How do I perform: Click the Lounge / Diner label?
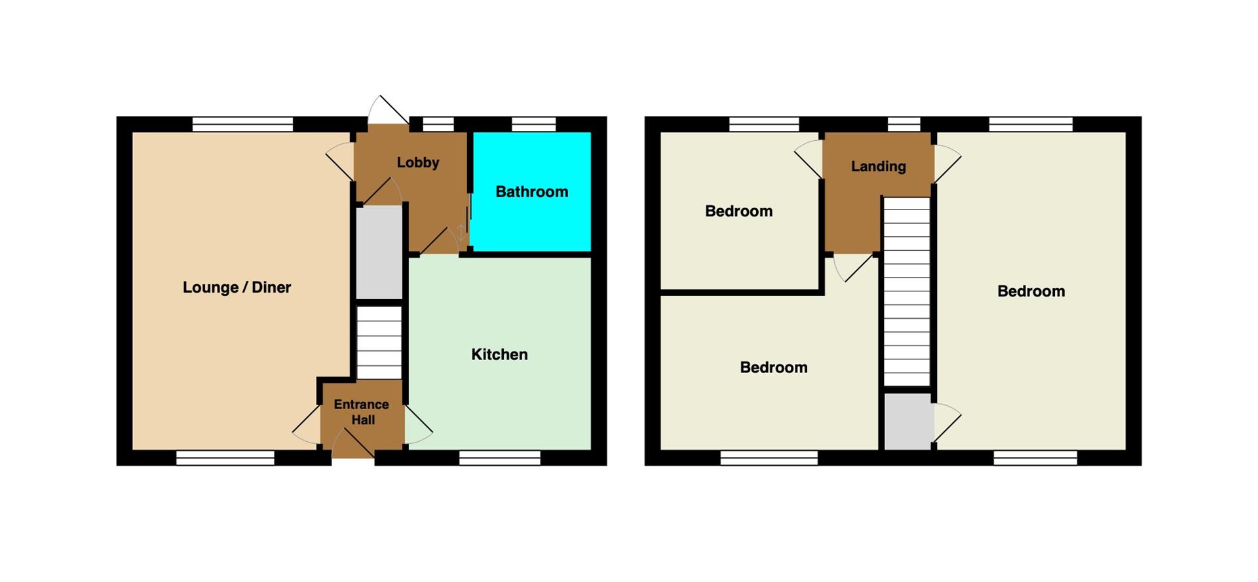point(237,287)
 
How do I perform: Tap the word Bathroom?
point(531,192)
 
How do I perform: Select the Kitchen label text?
point(499,354)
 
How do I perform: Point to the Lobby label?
point(417,162)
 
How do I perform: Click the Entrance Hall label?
point(362,412)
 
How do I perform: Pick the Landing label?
point(878,166)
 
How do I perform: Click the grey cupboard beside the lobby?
point(379,253)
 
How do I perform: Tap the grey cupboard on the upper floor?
point(908,421)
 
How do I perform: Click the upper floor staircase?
point(907,291)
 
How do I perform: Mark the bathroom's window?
point(533,124)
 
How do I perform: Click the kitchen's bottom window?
point(500,458)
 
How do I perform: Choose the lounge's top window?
point(242,124)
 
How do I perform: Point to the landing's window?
point(904,124)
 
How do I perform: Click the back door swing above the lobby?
point(388,109)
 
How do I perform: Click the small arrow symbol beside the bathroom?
point(462,232)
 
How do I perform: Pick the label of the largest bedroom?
point(1031,291)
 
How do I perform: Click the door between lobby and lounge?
point(340,162)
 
